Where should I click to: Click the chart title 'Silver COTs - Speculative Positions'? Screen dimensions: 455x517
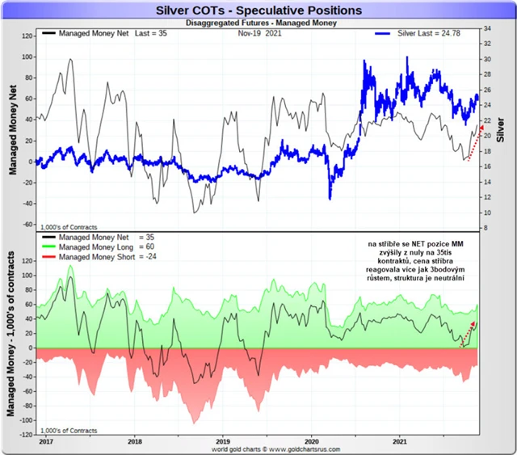pos(258,11)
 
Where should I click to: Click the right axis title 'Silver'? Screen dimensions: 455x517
pos(501,128)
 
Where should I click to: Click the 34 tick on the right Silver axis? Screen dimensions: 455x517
pos(488,28)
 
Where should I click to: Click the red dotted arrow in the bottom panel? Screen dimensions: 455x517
pos(467,333)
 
